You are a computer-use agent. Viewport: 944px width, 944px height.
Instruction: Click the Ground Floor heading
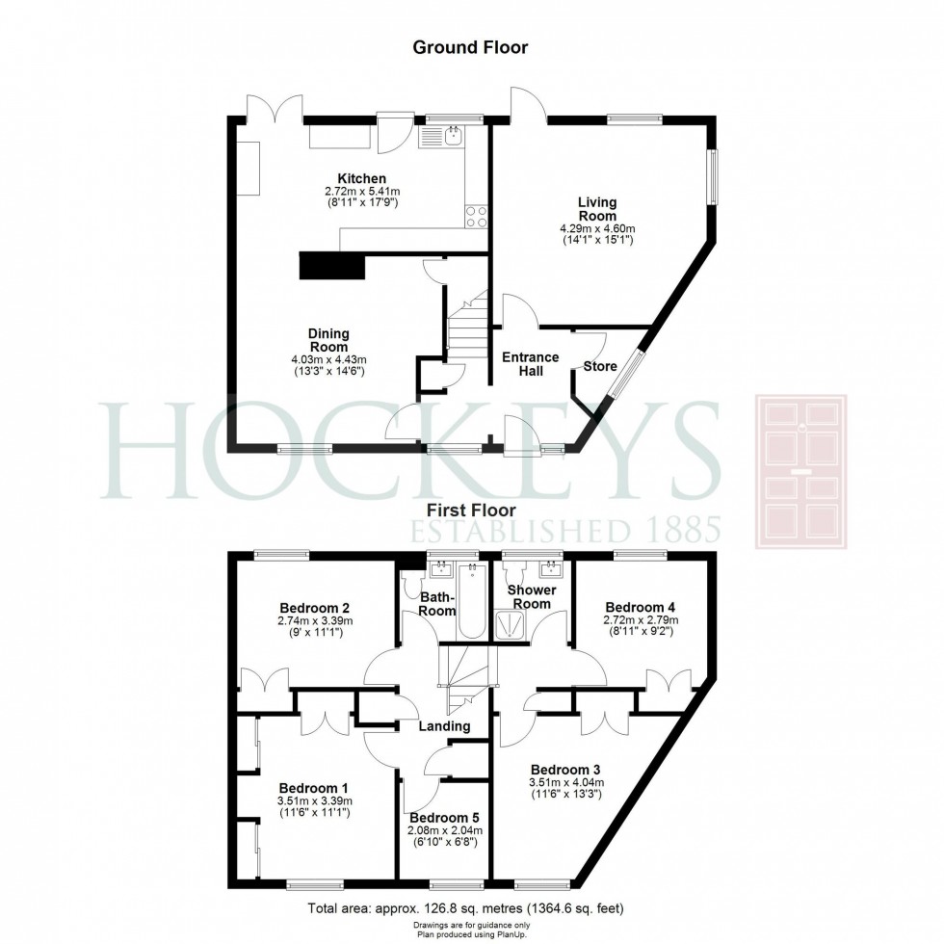470,47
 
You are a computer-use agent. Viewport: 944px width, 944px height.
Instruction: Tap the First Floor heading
470,510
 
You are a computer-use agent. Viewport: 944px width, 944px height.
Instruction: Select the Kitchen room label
361,178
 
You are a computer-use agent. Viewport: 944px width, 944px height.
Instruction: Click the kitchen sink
452,137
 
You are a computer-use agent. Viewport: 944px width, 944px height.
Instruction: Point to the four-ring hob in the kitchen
475,216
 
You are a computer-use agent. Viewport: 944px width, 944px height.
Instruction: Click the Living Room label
596,209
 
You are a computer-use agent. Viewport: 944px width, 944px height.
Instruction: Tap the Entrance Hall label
530,364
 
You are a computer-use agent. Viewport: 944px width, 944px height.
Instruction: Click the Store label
599,366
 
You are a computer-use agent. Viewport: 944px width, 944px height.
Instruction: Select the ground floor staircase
468,328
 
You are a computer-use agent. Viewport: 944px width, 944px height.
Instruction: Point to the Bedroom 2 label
314,608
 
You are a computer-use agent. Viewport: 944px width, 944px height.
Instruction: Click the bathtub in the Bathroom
472,602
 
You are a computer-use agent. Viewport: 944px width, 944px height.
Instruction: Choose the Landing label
444,725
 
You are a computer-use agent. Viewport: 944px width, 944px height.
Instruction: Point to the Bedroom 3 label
565,770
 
